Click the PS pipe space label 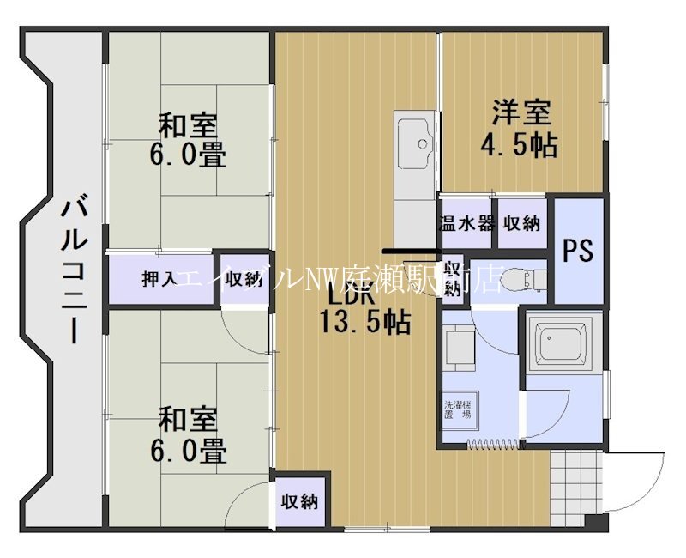(578, 251)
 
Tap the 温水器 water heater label (466, 224)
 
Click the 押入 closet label (159, 279)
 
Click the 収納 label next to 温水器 (521, 224)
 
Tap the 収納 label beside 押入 (243, 279)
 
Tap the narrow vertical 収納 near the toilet (452, 276)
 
